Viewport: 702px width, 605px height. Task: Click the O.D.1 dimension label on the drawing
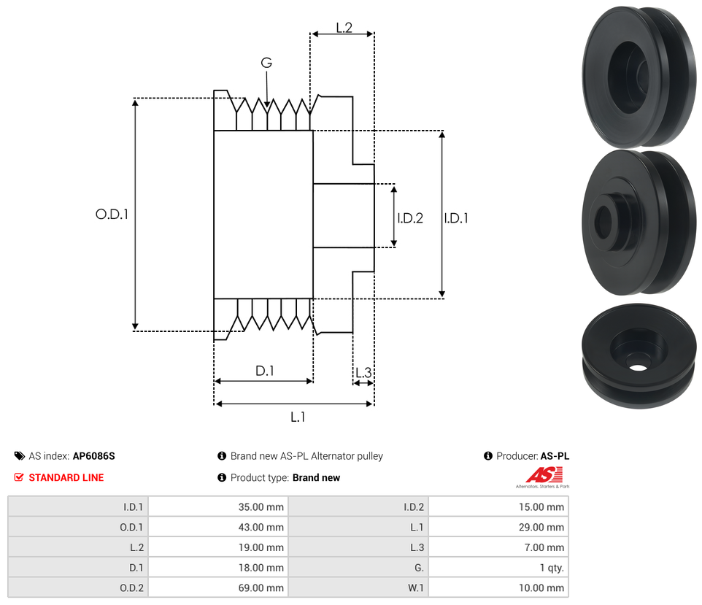tap(112, 215)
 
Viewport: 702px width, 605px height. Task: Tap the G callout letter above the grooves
tap(266, 63)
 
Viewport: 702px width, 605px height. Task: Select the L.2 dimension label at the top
tap(344, 28)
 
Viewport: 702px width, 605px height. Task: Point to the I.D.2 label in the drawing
tap(410, 217)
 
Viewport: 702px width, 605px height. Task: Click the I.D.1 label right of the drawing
tap(456, 217)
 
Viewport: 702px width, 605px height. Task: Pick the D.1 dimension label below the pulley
tap(264, 371)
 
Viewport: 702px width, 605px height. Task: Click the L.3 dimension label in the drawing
tap(363, 373)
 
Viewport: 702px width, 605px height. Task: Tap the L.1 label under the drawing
tap(297, 417)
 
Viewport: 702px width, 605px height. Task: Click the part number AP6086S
tap(93, 456)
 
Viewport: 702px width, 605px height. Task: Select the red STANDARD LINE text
tap(66, 478)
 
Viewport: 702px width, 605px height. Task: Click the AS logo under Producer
tap(542, 476)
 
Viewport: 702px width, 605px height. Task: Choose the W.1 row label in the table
tap(414, 588)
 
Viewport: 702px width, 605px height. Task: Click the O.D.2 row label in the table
tap(131, 588)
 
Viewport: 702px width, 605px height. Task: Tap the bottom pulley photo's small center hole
tap(637, 364)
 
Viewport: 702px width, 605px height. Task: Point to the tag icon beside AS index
tap(19, 456)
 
